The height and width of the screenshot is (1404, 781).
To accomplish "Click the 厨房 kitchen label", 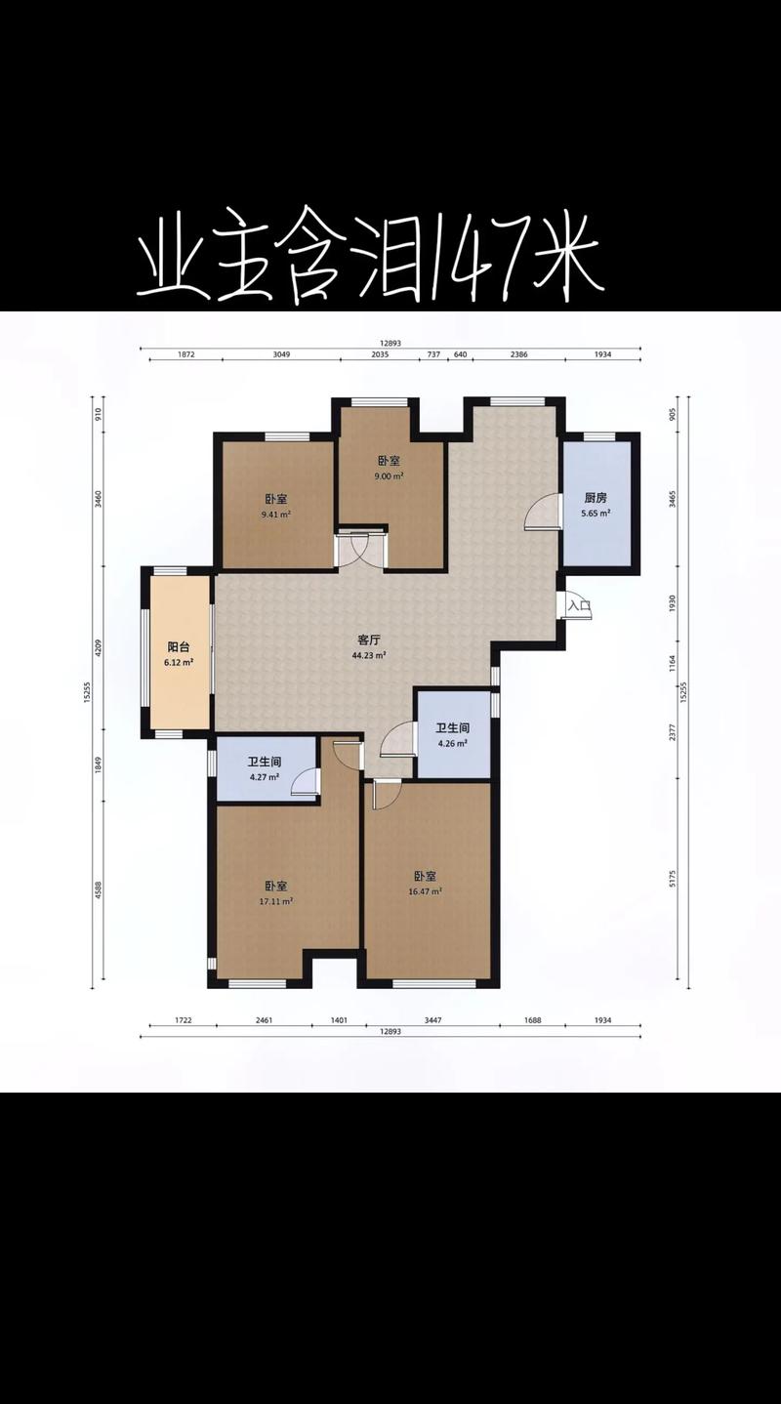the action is (596, 498).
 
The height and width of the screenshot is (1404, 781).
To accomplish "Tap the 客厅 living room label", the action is (369, 640).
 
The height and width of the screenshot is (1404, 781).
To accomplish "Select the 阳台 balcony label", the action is (179, 647).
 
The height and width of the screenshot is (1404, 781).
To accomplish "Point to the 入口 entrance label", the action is (580, 605).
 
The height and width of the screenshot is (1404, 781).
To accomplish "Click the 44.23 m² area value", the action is (369, 655).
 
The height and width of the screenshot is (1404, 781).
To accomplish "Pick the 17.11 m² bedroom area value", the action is (276, 901).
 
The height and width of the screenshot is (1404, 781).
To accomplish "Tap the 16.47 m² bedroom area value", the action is (425, 890).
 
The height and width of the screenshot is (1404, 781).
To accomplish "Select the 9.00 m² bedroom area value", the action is (389, 475).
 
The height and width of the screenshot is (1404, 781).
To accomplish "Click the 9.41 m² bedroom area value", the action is (276, 515).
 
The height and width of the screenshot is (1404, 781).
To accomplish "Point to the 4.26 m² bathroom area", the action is (453, 744).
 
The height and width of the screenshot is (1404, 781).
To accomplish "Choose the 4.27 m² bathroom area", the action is (264, 777).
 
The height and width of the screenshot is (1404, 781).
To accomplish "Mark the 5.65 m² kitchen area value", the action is (596, 513).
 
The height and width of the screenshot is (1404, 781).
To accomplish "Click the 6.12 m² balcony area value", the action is (179, 662).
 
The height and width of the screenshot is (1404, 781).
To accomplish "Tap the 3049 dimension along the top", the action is (281, 354).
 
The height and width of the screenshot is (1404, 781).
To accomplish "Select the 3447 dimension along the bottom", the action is (432, 1019).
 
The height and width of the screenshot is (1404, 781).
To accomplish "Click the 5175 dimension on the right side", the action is (672, 878).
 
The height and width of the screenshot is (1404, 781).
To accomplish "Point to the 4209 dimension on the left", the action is (99, 648).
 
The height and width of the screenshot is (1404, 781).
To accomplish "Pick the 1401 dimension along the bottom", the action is (339, 1019).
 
